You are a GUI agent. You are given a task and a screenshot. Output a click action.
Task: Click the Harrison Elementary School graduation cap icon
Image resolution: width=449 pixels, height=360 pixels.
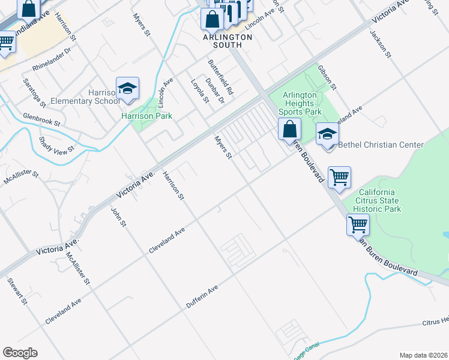tap(127, 89)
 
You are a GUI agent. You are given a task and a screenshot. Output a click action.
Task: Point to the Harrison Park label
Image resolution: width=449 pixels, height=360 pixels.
tap(147, 116)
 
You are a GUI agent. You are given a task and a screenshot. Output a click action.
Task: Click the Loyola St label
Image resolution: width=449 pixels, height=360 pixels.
tap(200, 91)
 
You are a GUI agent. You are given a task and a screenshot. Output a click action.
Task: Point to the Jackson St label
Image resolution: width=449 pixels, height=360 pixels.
tap(381, 43)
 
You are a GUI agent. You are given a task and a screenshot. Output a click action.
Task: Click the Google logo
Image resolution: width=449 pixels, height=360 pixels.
tap(20, 353)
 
